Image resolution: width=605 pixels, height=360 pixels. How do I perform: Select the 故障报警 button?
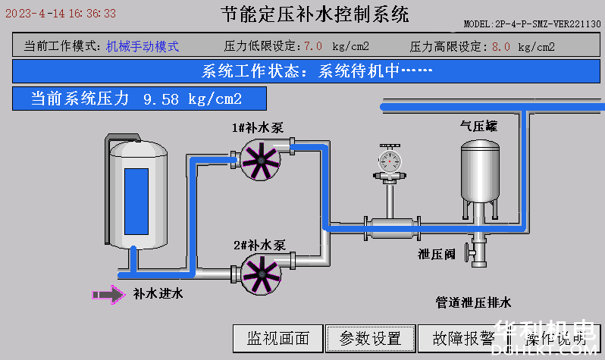click(x=463, y=338)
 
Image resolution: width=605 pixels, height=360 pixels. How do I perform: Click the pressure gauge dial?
click(x=391, y=160)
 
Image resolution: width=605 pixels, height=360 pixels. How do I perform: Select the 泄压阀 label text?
click(x=436, y=255)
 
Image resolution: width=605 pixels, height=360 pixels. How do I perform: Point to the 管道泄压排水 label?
click(x=474, y=302)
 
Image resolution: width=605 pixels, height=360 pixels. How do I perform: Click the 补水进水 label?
click(x=158, y=293)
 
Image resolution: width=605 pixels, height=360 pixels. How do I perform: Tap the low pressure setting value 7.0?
click(x=312, y=46)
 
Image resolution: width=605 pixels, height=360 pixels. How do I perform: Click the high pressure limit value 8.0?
click(x=500, y=46)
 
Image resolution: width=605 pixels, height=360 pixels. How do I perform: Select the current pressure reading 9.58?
click(x=160, y=99)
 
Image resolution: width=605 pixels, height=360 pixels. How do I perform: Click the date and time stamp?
click(x=60, y=13)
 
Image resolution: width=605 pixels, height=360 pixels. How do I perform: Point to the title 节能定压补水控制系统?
click(x=315, y=14)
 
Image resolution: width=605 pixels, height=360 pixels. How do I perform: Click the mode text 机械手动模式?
click(x=143, y=46)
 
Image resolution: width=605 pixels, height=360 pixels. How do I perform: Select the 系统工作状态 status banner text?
click(x=317, y=72)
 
